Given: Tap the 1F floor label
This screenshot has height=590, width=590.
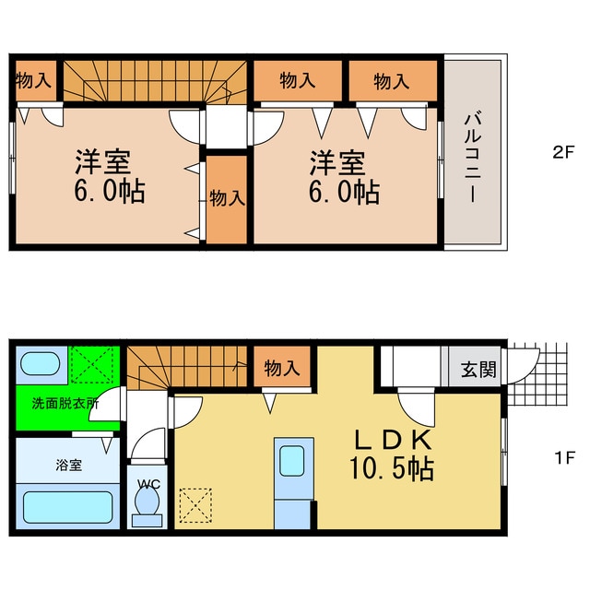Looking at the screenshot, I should coord(563,457).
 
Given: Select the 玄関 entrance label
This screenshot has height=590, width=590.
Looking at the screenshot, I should coord(478,370).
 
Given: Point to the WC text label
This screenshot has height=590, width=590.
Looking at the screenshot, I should coord(147,482).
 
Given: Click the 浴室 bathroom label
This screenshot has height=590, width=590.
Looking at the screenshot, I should coord(69,465).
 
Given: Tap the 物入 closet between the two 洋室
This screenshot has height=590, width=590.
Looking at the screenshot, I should coord(226,198).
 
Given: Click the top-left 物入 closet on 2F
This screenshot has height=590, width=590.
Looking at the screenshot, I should coord(34,81).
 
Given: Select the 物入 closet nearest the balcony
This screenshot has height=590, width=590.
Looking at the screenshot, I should coord(391,81).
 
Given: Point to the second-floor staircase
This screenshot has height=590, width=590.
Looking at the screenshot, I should coord(155,81).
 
